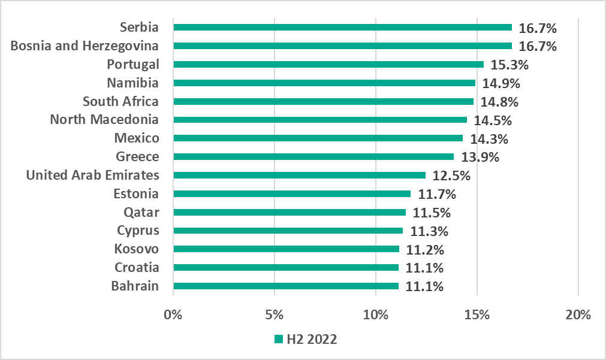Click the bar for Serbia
pos(342,27)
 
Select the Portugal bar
pos(328,64)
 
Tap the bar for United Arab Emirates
pos(300,175)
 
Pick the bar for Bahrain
pos(286,286)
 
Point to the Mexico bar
pos(318,138)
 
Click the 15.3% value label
pos(509,65)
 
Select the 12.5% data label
pos(451,176)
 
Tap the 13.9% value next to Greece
pos(480,157)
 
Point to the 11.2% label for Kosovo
pos(425,249)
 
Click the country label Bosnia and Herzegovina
pos(85,46)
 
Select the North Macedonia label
pos(104,120)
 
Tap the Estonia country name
pos(136,193)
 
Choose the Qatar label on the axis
pos(141,212)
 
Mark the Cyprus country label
pos(138,231)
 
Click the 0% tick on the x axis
pos(173,313)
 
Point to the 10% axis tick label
pos(375,313)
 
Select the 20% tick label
pos(578,313)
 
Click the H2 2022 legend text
pos(311,339)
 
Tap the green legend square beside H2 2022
pos(278,339)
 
